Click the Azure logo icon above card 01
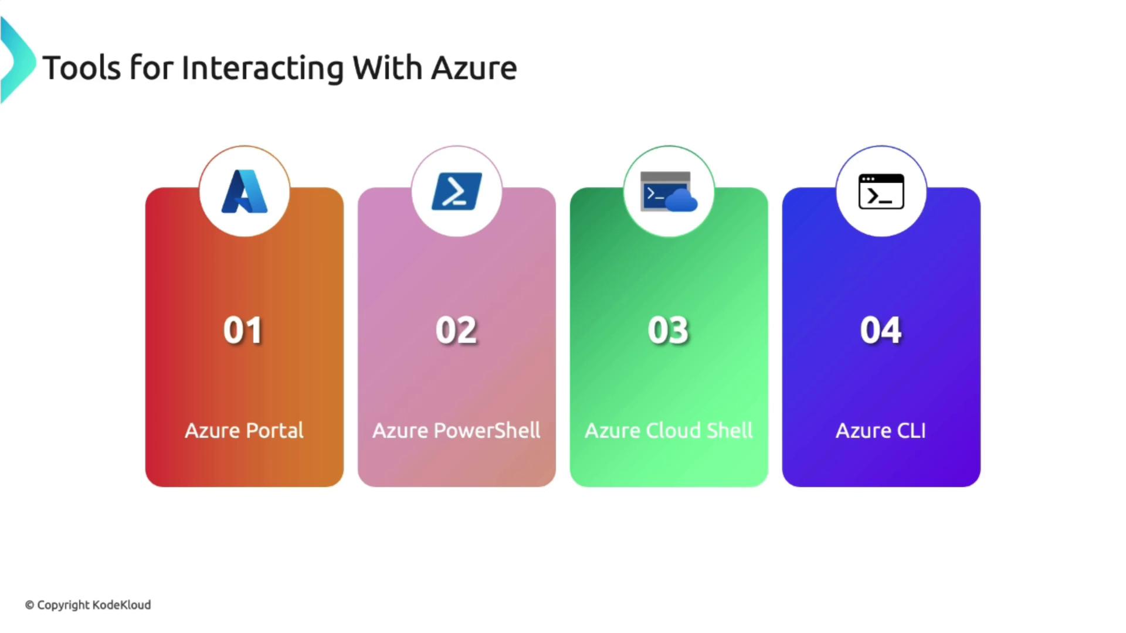pos(245,191)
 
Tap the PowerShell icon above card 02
pos(457,191)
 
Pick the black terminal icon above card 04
pos(881,191)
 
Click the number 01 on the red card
pos(243,330)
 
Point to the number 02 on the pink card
pos(456,330)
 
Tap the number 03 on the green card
pos(669,330)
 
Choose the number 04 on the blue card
pos(881,330)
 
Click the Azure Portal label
pos(245,430)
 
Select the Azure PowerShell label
pos(457,430)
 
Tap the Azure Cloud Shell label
pos(669,430)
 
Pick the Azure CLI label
pos(881,430)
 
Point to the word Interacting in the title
pos(263,68)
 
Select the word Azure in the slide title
pos(474,68)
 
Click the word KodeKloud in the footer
pos(121,605)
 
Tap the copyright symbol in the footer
pos(29,605)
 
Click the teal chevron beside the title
pos(18,60)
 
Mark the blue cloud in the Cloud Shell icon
pos(681,200)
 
